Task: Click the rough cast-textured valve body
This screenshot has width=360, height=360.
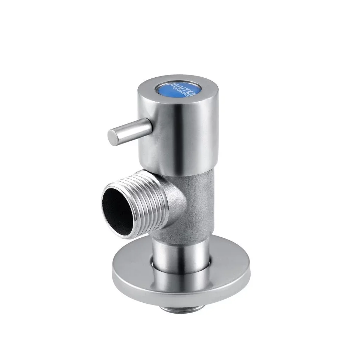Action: [x=197, y=204]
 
